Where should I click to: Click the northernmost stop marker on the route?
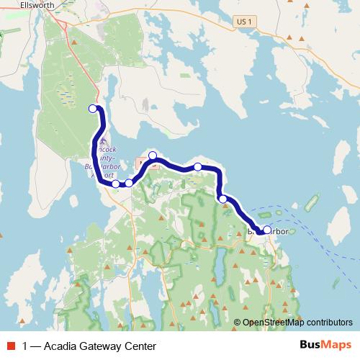[x=92, y=109]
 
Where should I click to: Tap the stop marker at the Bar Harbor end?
[x=267, y=230]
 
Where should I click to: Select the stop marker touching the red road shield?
[x=153, y=156]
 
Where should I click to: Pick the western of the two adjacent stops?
[x=116, y=184]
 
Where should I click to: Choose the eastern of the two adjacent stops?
[x=129, y=183]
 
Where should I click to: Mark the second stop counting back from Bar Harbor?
[x=223, y=199]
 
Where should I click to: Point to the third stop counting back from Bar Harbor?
[x=198, y=167]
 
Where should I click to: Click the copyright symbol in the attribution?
[x=237, y=323]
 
